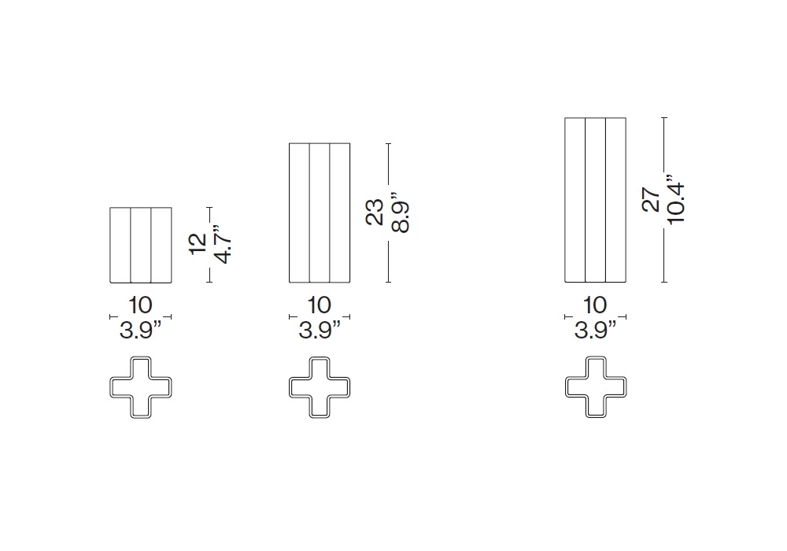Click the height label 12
click(198, 244)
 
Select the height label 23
click(375, 212)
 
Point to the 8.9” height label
click(400, 212)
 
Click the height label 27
click(651, 199)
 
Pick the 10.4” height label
click(675, 199)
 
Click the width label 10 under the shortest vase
click(140, 305)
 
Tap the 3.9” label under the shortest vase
click(141, 330)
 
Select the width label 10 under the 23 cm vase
click(320, 305)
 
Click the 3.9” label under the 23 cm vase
click(320, 330)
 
